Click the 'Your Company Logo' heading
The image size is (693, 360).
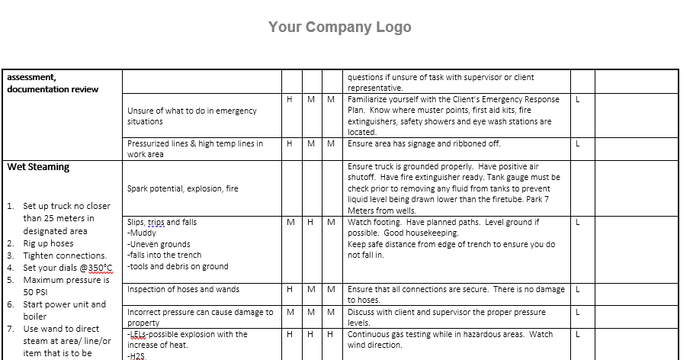[339, 27]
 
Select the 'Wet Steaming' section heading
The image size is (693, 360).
[38, 167]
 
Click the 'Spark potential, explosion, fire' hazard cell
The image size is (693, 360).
[183, 188]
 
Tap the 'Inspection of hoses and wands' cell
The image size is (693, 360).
[183, 290]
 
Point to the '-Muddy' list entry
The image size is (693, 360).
[142, 233]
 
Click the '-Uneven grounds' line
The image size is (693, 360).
[159, 245]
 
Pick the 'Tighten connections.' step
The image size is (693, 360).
[65, 256]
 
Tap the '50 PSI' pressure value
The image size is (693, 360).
[35, 291]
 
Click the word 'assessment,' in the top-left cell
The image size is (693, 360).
[31, 77]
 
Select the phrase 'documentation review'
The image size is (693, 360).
[53, 89]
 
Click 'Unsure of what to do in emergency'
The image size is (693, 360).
[192, 111]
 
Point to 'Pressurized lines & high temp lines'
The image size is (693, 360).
[195, 143]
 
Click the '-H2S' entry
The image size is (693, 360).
[136, 355]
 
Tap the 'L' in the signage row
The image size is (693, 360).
[579, 143]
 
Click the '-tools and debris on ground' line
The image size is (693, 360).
[178, 267]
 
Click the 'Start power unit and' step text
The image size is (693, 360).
[65, 304]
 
